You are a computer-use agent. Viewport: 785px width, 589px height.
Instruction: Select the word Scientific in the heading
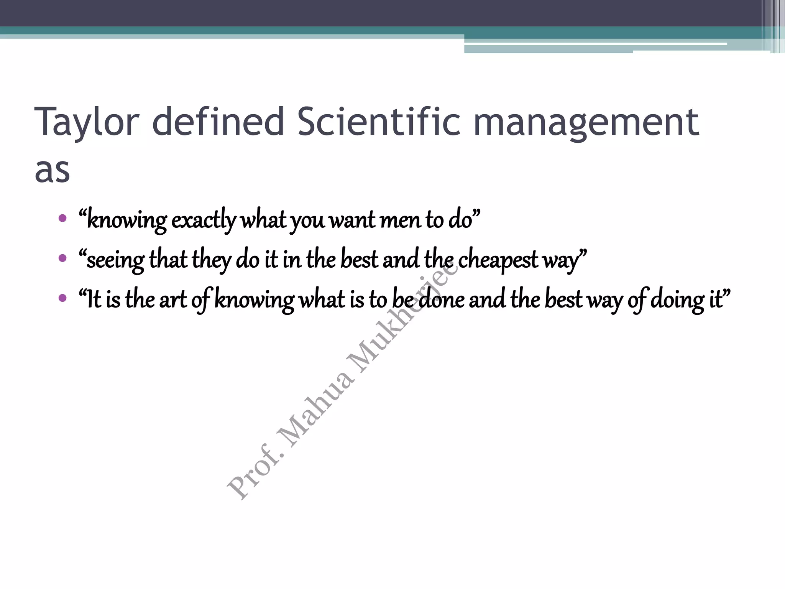pos(378,122)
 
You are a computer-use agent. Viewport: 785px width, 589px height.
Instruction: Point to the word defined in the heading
pos(218,122)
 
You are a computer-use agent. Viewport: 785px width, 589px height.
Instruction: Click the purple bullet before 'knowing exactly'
pos(62,219)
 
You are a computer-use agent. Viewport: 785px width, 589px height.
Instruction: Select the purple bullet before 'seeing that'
pos(62,258)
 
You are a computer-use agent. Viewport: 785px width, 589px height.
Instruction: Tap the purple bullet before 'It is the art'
pos(62,298)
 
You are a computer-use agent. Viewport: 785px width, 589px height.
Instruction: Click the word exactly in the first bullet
pos(204,221)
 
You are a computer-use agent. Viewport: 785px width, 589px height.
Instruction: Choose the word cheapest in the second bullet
pos(498,260)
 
